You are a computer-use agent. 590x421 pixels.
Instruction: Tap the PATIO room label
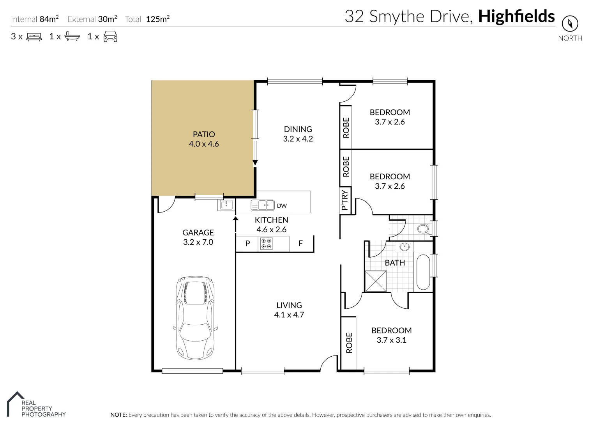204,134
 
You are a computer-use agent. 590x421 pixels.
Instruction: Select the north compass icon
570,24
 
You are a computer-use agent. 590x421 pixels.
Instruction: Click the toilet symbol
423,228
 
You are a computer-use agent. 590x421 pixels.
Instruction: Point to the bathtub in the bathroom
422,272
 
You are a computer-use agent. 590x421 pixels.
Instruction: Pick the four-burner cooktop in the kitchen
267,244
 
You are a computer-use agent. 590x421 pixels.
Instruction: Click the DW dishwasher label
282,206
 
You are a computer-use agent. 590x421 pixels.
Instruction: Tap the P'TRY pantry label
345,200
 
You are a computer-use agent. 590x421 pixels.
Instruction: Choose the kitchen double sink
262,205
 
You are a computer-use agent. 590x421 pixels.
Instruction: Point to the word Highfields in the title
516,16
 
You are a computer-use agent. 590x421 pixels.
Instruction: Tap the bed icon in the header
34,37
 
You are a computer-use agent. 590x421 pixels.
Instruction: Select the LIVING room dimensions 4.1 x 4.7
289,315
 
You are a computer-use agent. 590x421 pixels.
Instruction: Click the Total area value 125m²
157,19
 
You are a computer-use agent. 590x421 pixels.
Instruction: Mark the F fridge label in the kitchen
300,244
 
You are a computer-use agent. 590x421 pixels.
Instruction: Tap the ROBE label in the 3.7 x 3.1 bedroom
349,343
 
